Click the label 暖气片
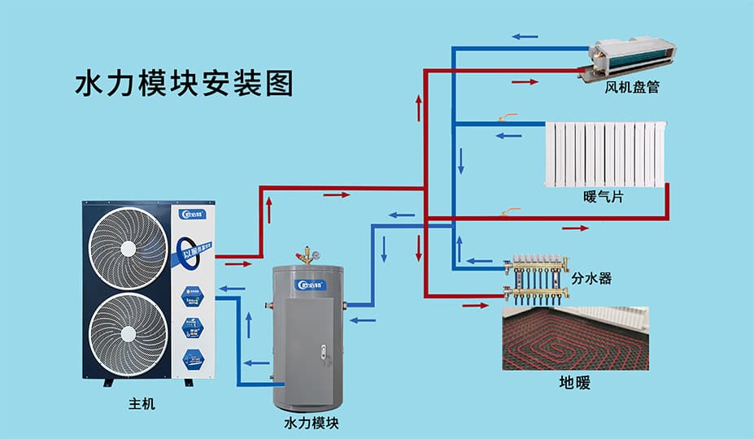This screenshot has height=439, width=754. coord(604,198)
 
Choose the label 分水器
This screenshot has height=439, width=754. coord(591,278)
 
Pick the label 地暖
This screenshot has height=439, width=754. coord(574,382)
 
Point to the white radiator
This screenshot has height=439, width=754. coord(605,154)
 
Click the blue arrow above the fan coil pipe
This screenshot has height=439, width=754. coord(525,37)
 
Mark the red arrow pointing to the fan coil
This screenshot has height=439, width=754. coord(525,82)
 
